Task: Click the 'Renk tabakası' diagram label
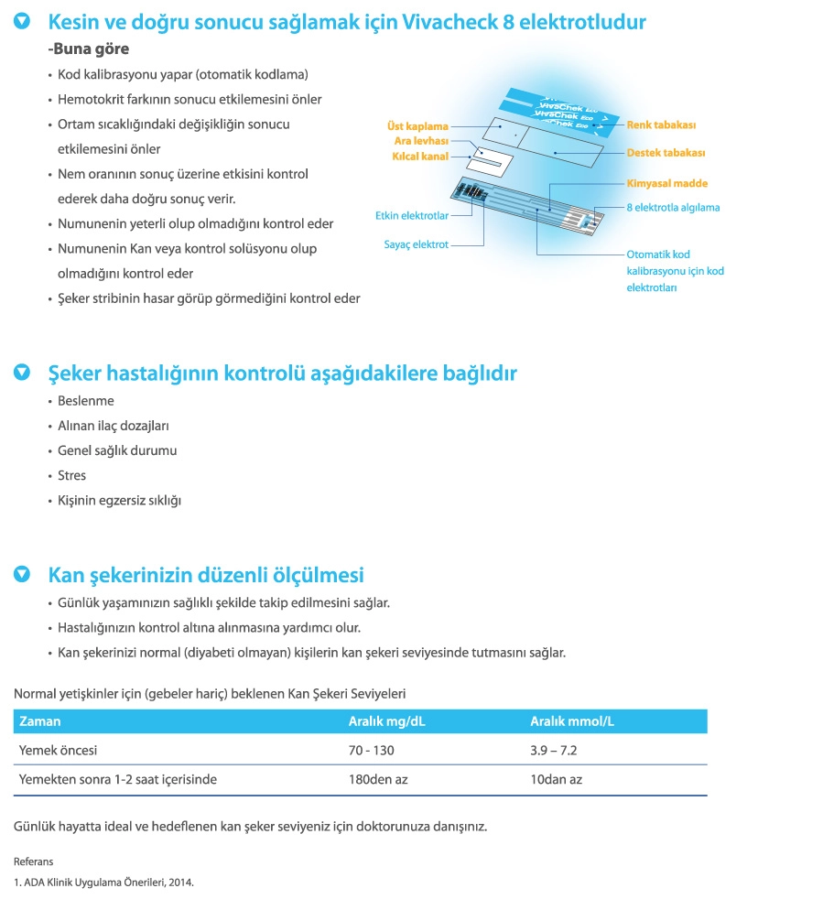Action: [661, 124]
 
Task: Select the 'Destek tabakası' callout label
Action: [666, 153]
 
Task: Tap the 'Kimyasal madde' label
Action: [667, 183]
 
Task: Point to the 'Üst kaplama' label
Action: [417, 126]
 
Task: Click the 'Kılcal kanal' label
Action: [420, 157]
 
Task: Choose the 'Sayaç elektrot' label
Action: [416, 244]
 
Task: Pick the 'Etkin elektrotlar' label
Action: [412, 216]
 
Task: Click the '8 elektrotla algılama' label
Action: [673, 208]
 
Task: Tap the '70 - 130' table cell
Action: [372, 750]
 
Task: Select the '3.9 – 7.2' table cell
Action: [553, 750]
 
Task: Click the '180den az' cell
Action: [375, 780]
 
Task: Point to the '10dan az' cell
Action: [556, 780]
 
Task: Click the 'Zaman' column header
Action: [40, 721]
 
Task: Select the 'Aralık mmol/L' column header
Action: [572, 721]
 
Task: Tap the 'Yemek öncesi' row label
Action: [58, 750]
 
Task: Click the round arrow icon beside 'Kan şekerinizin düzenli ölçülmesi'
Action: [22, 574]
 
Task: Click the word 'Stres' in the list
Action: [72, 475]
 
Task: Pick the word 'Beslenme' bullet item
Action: [85, 401]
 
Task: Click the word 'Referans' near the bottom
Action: [33, 861]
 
